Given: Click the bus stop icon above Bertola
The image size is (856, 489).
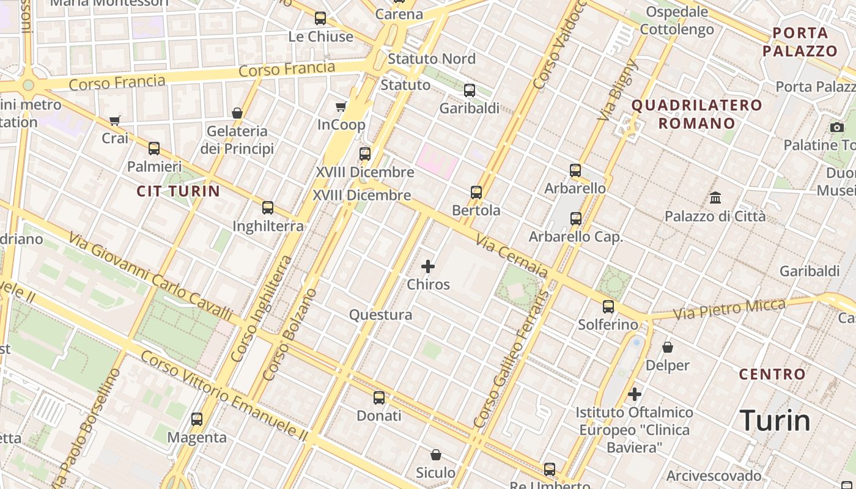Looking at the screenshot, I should tap(476, 192).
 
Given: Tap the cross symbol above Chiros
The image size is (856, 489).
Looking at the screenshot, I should tap(428, 267).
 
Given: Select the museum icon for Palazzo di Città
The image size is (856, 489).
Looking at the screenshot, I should tap(715, 198).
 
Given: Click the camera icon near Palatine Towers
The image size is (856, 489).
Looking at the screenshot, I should tap(837, 127).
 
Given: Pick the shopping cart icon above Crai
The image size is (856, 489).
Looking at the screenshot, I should tap(115, 120).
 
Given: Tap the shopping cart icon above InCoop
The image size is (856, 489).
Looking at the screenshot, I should tap(341, 107).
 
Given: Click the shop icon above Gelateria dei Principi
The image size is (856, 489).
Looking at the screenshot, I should tap(237, 113).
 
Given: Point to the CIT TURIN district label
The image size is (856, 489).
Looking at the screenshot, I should tap(178, 191).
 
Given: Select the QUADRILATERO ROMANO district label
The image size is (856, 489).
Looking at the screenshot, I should tap(696, 114).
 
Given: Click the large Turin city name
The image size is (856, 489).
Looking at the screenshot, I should tap(775, 421).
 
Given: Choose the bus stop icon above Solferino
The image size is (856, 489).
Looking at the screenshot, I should tap(608, 307).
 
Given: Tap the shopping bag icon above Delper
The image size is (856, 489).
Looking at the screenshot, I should tap(668, 347).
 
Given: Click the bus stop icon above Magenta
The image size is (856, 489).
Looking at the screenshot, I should tap(197, 419).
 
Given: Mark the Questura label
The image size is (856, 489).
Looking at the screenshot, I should tap(380, 315).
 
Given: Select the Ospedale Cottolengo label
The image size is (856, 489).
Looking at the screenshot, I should tap(677, 21).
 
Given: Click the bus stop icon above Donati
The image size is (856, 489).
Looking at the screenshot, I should tap(379, 398).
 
